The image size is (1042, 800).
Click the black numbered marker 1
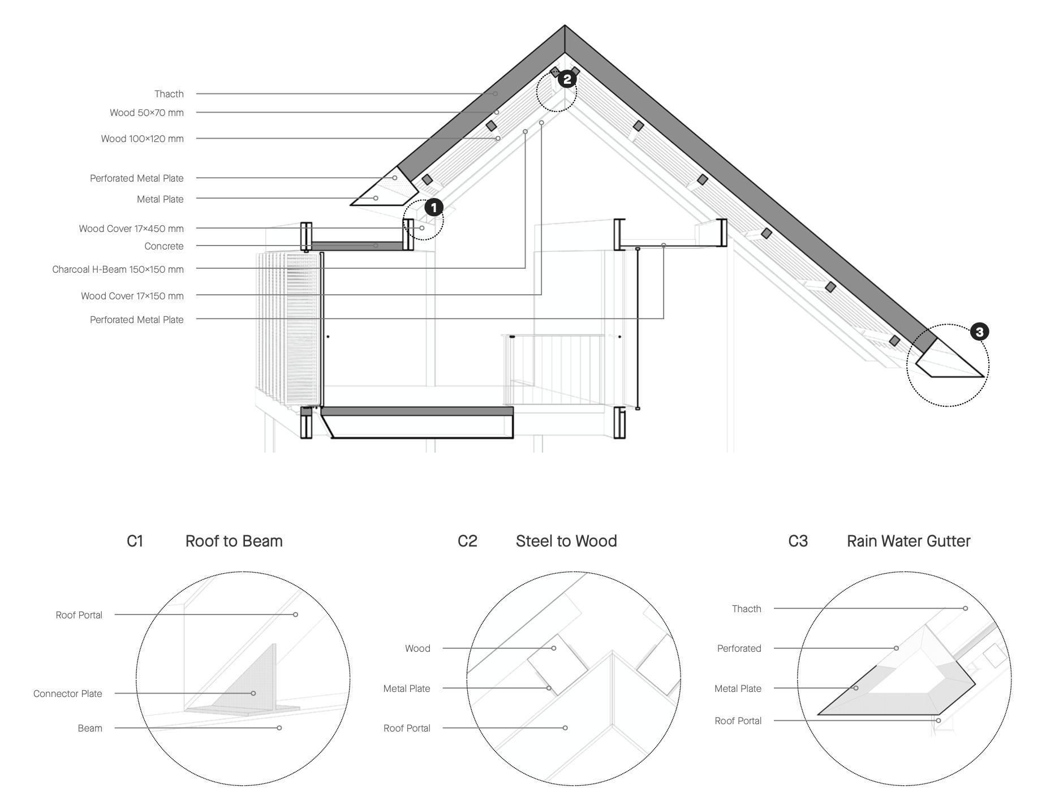click(x=434, y=208)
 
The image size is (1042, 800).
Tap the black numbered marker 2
click(x=567, y=79)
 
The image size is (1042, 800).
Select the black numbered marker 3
click(x=979, y=332)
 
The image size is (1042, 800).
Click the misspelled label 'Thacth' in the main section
click(x=169, y=94)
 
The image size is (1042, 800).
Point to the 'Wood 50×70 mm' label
click(x=147, y=113)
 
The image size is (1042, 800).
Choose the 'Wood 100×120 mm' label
click(x=142, y=139)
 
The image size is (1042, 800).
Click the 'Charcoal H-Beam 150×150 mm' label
click(x=118, y=269)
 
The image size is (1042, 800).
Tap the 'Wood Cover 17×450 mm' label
click(x=131, y=229)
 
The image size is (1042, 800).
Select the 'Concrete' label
click(x=164, y=246)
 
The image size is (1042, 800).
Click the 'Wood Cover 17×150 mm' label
click(x=132, y=296)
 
